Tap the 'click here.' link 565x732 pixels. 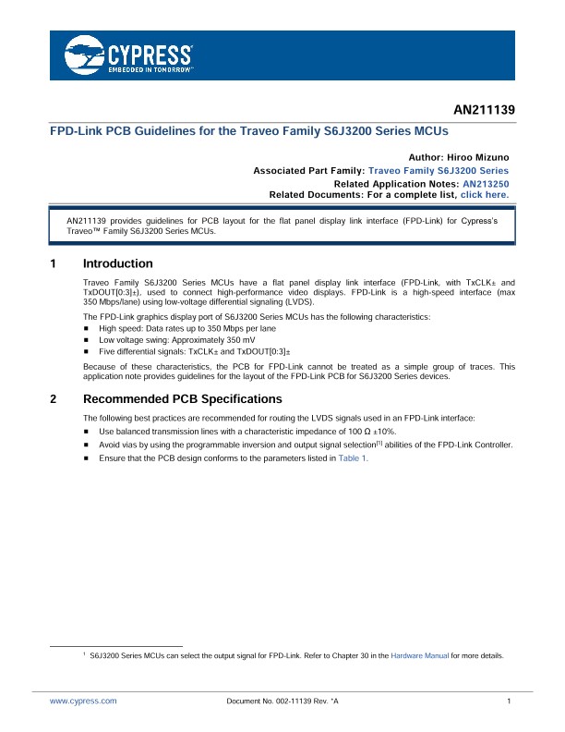pos(484,195)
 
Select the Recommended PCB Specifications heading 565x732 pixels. pos(182,400)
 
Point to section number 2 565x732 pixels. pos(54,400)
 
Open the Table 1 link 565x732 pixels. pos(354,458)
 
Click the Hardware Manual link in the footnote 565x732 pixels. pos(419,655)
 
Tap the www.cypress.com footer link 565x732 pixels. pos(83,702)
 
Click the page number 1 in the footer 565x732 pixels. pos(509,702)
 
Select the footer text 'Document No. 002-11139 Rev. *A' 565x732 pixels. pos(282,702)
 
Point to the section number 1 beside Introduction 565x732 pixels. pos(54,264)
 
